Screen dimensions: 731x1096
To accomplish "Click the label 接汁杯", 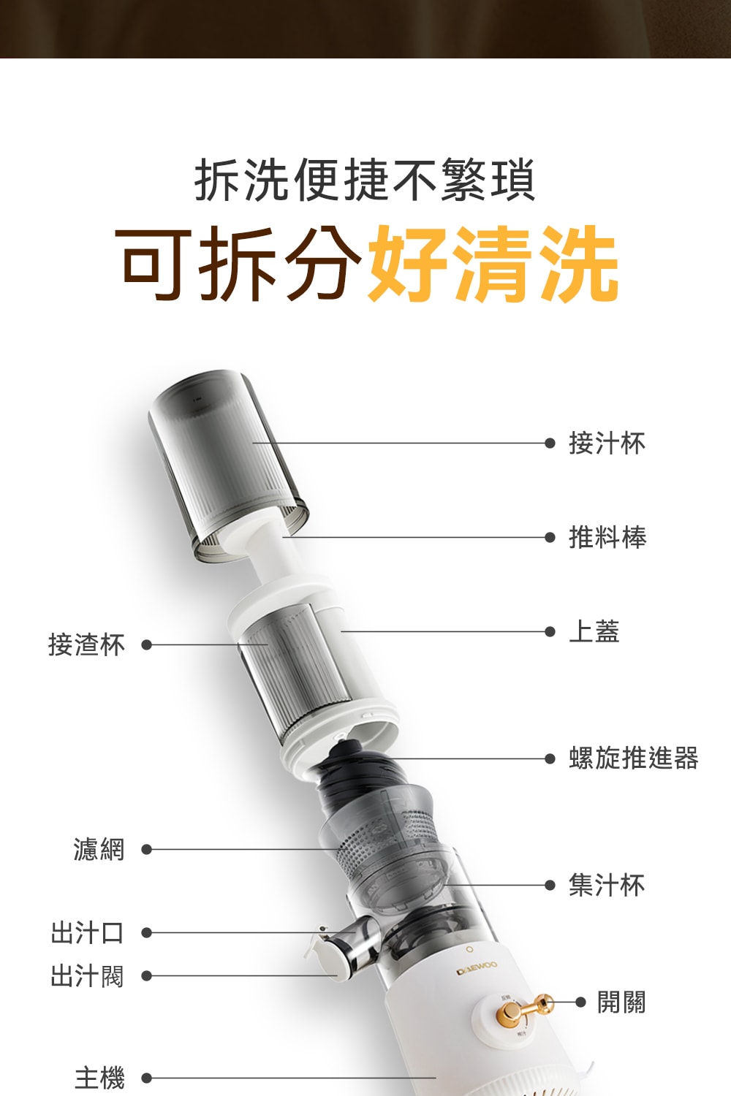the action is tap(607, 444).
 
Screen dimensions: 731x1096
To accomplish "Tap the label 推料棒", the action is tap(607, 537).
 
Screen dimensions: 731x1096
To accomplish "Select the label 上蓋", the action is tap(594, 631).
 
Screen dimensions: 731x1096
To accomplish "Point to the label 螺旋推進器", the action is tap(634, 758).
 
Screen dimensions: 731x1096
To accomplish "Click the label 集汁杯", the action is tap(607, 885).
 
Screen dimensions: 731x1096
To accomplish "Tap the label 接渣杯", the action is tap(87, 644).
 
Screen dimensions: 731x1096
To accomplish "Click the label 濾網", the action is tap(99, 849).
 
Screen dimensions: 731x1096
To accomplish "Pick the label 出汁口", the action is tap(87, 932).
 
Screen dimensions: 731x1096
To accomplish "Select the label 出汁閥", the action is tap(87, 975).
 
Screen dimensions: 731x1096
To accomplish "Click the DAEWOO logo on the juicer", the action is tap(477, 967).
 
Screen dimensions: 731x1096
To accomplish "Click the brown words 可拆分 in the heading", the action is tap(240, 264).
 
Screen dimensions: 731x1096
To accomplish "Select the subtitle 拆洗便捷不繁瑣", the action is tap(365, 180).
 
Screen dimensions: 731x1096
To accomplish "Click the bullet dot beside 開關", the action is tap(580, 1002).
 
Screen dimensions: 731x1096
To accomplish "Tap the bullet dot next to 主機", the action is tap(146, 1078).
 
